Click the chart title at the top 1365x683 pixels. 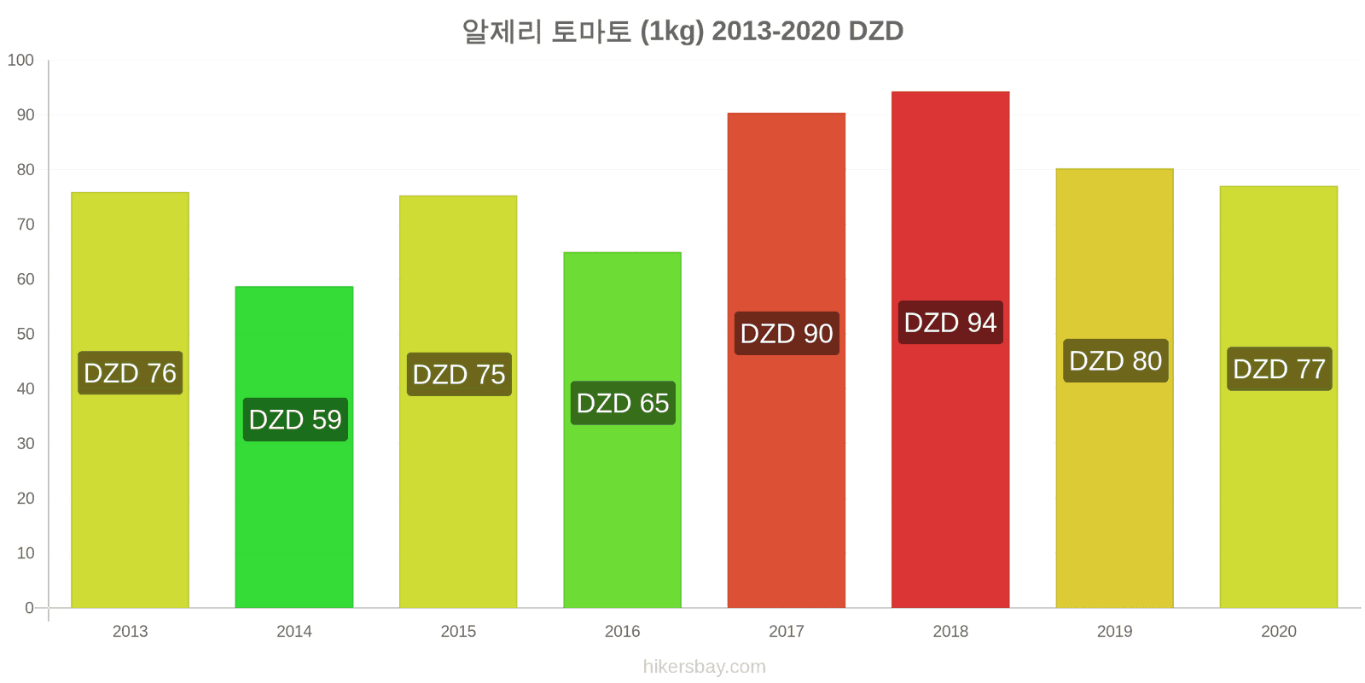point(682,31)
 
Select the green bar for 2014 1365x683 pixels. point(294,447)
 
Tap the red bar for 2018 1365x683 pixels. point(950,349)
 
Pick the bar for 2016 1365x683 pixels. point(622,430)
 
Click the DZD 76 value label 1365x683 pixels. point(131,372)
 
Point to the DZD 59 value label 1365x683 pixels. point(295,419)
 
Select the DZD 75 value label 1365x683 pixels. point(460,375)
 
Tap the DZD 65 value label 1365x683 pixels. point(623,403)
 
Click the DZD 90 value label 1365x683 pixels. point(787,334)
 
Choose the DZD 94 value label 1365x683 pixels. point(950,323)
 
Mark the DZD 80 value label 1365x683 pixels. point(1116,361)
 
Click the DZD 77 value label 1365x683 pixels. point(1280,369)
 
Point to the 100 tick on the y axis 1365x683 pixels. point(20,61)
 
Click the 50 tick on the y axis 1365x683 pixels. point(26,334)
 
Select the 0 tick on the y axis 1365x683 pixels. point(29,608)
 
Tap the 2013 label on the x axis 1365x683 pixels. point(131,631)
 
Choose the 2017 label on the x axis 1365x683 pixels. point(787,631)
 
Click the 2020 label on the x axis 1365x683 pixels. point(1279,631)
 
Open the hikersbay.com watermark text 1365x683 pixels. point(705,667)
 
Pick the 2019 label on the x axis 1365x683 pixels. point(1115,631)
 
